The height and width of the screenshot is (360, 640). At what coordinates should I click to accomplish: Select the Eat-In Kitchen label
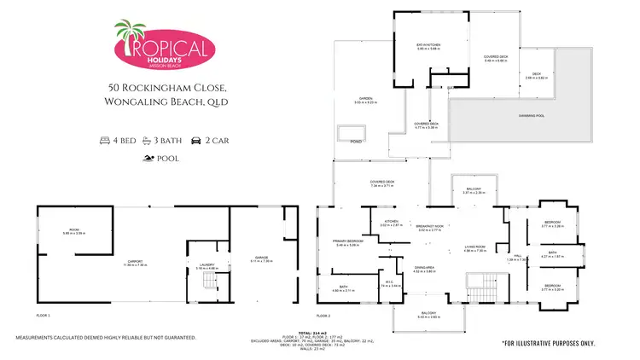428,47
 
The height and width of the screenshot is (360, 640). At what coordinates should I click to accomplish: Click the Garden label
365,101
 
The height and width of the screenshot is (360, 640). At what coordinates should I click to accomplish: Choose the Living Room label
474,249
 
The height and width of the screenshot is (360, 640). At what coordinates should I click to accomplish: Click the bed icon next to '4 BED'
106,139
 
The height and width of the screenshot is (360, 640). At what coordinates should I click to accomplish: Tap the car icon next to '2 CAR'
195,139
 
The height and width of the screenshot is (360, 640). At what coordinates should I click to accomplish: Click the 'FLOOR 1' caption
43,316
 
